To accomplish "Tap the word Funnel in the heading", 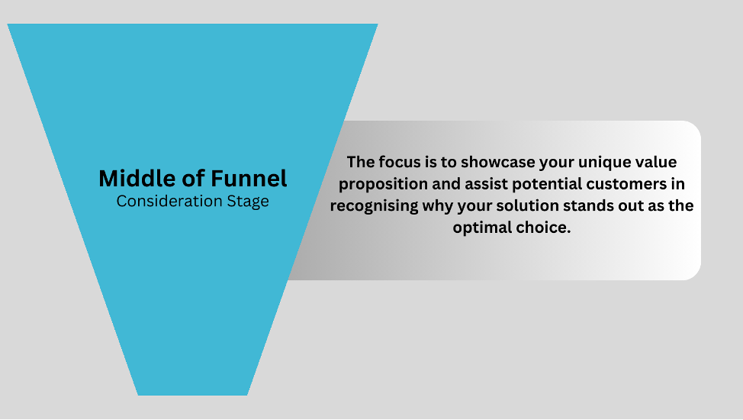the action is [249, 179].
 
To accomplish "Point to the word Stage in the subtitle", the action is [248, 202].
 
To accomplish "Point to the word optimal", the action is [482, 228].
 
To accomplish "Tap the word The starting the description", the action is [361, 162].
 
